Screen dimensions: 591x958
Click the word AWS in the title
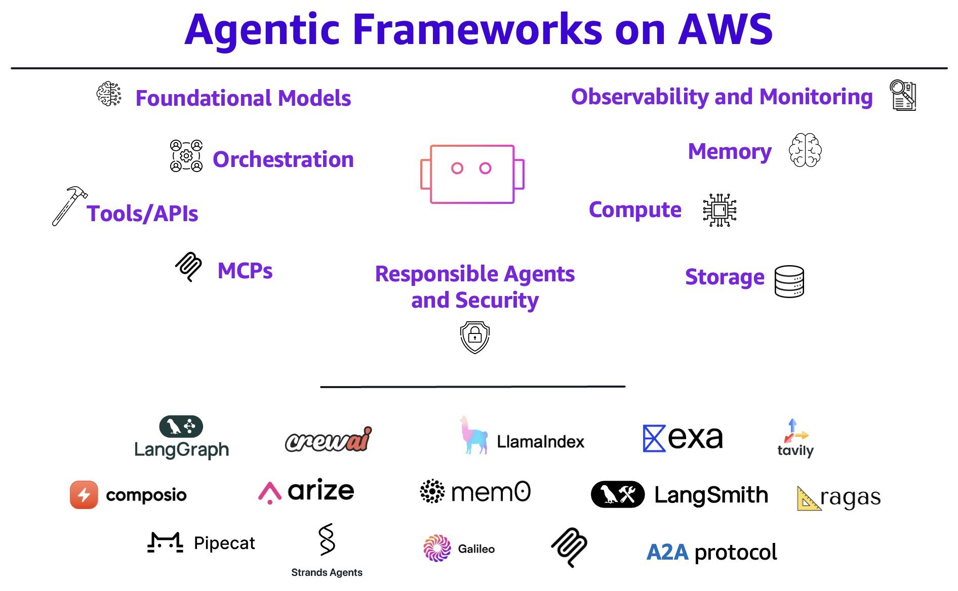pyautogui.click(x=725, y=29)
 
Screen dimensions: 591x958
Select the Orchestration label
pyautogui.click(x=283, y=159)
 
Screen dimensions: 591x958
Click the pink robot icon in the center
pyautogui.click(x=472, y=174)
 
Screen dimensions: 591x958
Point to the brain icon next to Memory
pyautogui.click(x=805, y=150)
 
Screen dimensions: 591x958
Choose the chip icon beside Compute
pyautogui.click(x=720, y=210)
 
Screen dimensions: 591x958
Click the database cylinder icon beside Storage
pyautogui.click(x=789, y=281)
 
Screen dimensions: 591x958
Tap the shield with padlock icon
pyautogui.click(x=474, y=337)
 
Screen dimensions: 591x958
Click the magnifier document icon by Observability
pyautogui.click(x=903, y=95)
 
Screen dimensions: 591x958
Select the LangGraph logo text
pyautogui.click(x=181, y=449)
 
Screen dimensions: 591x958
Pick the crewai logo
pyautogui.click(x=328, y=440)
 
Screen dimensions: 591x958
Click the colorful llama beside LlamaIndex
pyautogui.click(x=473, y=436)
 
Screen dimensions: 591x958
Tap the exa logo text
pyautogui.click(x=695, y=438)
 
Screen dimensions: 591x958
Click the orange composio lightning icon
pyautogui.click(x=84, y=494)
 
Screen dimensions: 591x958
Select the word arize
pyautogui.click(x=321, y=490)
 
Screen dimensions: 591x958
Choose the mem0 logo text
pyautogui.click(x=490, y=491)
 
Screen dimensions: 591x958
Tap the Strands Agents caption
pyautogui.click(x=327, y=572)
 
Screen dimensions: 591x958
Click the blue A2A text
pyautogui.click(x=667, y=552)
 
